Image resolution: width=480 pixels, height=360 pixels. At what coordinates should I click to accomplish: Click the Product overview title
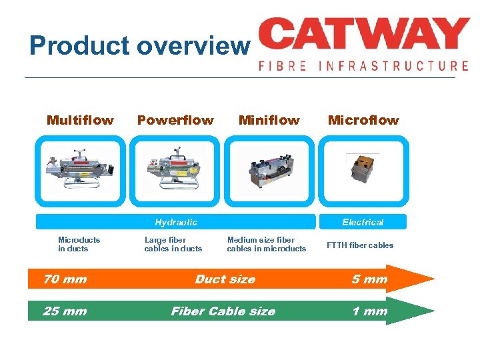click(x=139, y=46)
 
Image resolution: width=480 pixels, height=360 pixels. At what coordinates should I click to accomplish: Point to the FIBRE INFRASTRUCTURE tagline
click(x=363, y=66)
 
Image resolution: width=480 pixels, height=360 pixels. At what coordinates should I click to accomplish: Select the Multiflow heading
click(x=80, y=121)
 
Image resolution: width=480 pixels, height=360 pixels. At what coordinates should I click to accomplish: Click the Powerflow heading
click(x=175, y=121)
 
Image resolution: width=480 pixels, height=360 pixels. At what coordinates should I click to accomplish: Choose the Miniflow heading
click(x=269, y=121)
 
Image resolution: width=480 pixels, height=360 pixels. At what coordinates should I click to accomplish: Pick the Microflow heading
click(x=363, y=121)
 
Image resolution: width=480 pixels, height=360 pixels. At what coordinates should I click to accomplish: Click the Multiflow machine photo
click(x=81, y=171)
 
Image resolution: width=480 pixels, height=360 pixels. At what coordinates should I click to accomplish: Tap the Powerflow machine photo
click(x=175, y=171)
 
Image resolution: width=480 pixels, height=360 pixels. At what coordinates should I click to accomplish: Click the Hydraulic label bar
click(x=175, y=222)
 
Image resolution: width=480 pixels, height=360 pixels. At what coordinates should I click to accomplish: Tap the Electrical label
click(x=363, y=222)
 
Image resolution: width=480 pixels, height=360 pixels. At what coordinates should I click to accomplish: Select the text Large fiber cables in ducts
click(x=173, y=244)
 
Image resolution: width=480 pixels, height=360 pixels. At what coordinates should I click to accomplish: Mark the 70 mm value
click(x=65, y=279)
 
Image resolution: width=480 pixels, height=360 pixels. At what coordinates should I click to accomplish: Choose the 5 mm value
click(x=369, y=279)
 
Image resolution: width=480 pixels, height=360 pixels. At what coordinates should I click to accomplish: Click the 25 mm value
click(x=65, y=311)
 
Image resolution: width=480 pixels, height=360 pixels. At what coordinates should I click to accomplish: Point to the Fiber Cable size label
click(x=223, y=311)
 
